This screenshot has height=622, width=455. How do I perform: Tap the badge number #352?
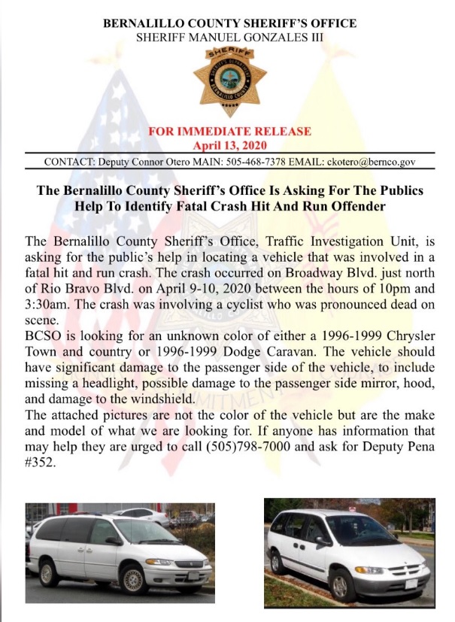point(41,463)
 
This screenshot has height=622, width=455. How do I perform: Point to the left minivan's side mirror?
point(112,541)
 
